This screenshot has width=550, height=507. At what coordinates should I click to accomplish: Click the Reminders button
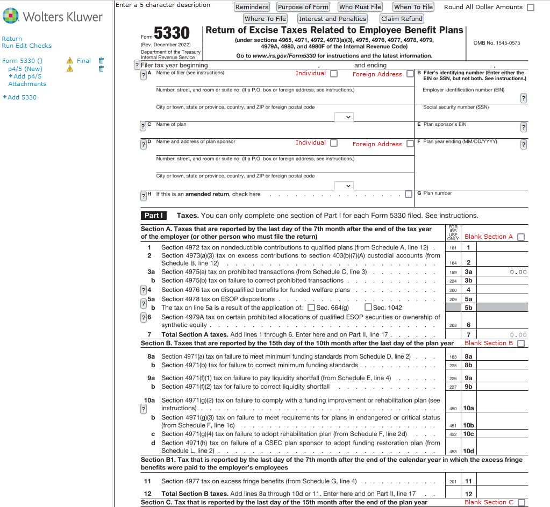point(252,7)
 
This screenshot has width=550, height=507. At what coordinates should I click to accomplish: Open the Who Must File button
point(360,7)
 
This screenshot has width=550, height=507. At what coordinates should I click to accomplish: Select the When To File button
point(413,7)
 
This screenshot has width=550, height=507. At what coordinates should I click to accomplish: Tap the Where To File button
point(265,19)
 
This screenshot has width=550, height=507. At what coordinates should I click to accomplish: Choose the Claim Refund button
point(402,19)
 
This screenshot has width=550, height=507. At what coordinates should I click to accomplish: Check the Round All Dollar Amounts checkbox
point(531,8)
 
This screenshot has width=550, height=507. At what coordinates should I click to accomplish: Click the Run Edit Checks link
point(26,46)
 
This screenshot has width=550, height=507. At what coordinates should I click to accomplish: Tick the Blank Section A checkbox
point(520,237)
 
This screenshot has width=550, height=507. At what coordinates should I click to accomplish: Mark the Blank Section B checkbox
point(520,344)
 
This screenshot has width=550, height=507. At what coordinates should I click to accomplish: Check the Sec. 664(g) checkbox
point(311,308)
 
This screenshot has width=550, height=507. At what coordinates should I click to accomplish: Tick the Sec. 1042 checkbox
point(368,308)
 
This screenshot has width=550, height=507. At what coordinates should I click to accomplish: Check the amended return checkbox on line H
point(409,194)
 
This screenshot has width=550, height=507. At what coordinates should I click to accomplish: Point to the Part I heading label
point(153,216)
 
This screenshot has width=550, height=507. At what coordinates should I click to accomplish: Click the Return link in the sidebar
point(12,39)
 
